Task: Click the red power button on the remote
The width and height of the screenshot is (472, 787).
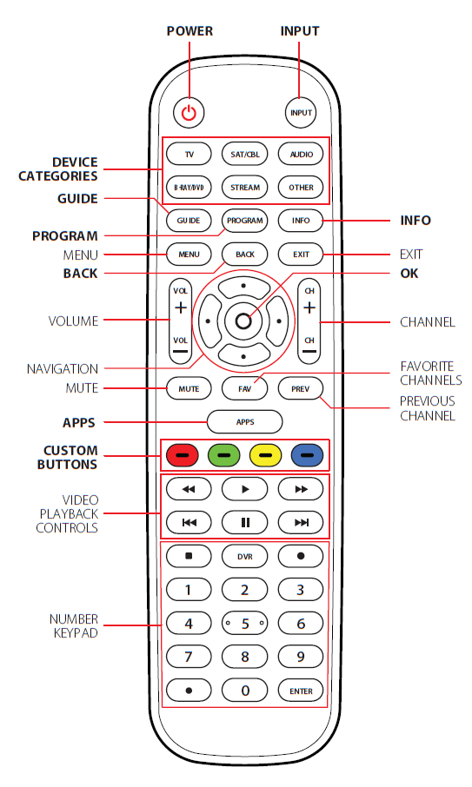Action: tap(189, 112)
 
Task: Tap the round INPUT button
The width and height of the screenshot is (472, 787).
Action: tap(301, 112)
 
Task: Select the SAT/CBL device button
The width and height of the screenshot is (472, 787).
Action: tap(244, 155)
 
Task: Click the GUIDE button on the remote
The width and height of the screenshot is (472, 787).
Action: tap(189, 221)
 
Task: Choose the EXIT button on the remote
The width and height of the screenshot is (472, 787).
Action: tap(301, 254)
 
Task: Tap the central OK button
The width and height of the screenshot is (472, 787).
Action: tap(243, 321)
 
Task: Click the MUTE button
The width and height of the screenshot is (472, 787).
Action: tap(189, 388)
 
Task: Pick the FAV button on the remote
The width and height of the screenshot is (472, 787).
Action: tap(244, 388)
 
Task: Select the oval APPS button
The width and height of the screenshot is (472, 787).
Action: tap(244, 421)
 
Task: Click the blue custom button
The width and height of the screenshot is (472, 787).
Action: tap(308, 453)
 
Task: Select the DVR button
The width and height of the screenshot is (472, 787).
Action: tap(244, 555)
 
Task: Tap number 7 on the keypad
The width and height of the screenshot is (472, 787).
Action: tap(189, 657)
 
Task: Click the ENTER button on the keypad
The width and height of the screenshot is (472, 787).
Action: tap(301, 691)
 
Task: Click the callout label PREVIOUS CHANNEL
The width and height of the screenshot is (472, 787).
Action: tap(427, 408)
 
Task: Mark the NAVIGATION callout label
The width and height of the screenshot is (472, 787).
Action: tap(62, 368)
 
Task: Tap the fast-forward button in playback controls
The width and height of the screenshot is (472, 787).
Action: tap(301, 489)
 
